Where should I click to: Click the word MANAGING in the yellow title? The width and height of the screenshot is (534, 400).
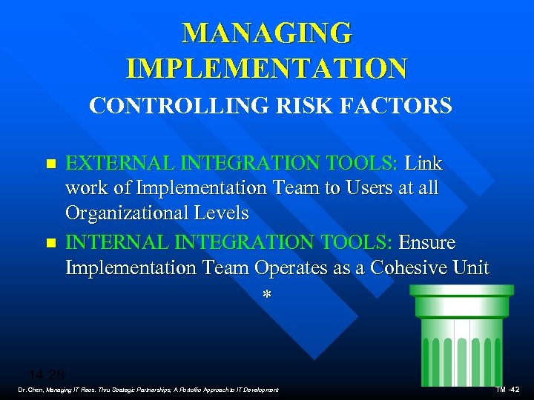tap(267, 33)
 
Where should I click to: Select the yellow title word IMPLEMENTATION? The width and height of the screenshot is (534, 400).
tap(267, 69)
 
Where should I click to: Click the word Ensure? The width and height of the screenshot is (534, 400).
tap(427, 243)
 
